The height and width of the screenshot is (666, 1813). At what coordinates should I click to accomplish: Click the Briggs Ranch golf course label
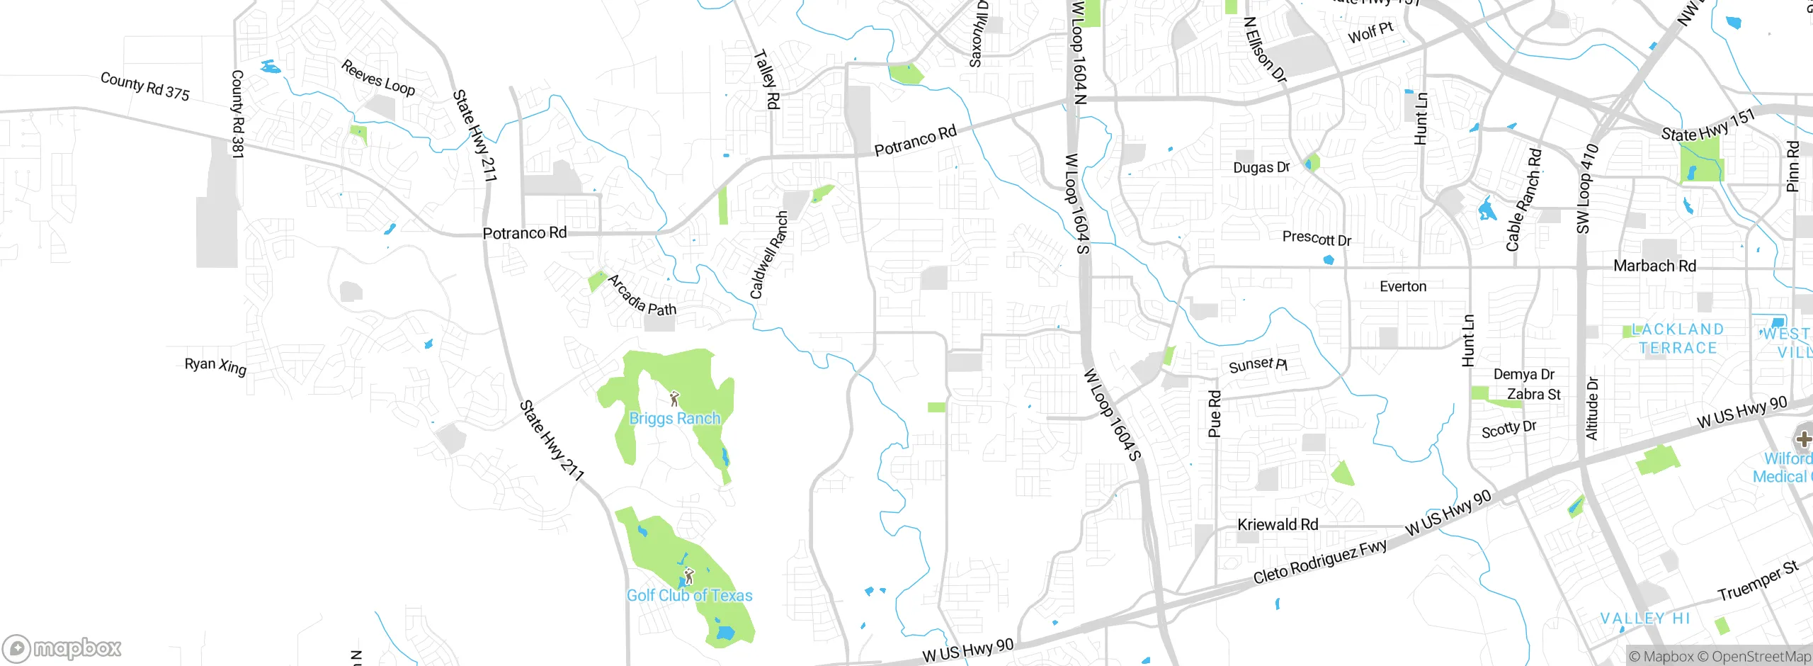[x=674, y=418]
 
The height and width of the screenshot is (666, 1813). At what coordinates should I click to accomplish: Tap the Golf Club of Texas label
[x=689, y=595]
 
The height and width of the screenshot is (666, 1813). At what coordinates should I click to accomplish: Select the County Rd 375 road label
[x=145, y=86]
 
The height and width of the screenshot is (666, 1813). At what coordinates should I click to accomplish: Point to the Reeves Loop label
[x=378, y=78]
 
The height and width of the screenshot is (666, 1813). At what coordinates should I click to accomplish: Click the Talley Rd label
[x=767, y=79]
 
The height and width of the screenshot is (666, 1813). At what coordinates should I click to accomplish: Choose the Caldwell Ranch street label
[x=768, y=255]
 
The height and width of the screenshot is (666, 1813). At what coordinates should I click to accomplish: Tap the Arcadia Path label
[x=642, y=295]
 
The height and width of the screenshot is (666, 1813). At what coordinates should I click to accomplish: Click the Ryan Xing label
[x=215, y=366]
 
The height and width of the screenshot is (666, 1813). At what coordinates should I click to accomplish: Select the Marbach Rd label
[x=1654, y=266]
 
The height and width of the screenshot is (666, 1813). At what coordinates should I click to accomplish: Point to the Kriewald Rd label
[x=1278, y=524]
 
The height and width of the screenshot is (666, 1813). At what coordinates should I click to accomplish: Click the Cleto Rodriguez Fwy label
[x=1319, y=563]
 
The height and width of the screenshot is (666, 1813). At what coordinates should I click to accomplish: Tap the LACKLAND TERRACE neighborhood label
[x=1677, y=339]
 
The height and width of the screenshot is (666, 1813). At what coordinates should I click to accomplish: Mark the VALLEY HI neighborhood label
[x=1645, y=618]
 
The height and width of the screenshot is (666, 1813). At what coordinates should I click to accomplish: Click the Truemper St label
[x=1758, y=581]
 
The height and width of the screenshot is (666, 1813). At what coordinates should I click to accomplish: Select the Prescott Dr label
[x=1317, y=238]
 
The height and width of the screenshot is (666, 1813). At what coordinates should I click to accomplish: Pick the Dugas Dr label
[x=1261, y=167]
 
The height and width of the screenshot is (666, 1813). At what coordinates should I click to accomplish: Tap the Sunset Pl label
[x=1258, y=365]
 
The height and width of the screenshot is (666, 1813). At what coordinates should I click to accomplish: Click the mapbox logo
[x=62, y=648]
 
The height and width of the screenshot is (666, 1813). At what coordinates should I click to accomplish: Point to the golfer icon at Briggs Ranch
[x=674, y=399]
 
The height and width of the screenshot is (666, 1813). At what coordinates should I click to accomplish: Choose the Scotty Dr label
[x=1508, y=429]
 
